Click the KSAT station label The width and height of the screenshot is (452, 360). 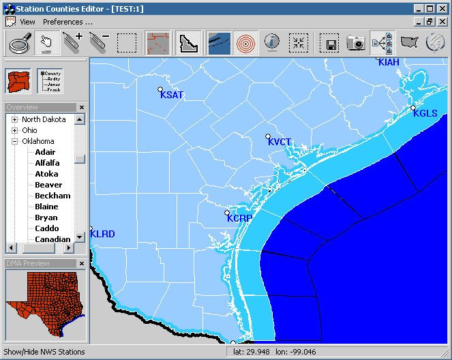pos(172,95)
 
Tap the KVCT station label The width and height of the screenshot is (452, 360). pos(280,142)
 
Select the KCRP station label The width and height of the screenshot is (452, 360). pos(239,219)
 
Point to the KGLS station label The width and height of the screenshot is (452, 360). pos(425,114)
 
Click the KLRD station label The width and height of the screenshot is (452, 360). pos(103,235)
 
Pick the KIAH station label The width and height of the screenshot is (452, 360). pos(389,63)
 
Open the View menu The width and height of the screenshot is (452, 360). pos(27,22)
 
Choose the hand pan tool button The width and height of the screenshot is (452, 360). pos(46,43)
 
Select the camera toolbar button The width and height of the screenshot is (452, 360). pos(356,43)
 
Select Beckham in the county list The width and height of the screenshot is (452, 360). pos(52,196)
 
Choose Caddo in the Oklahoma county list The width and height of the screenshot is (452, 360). pos(47,228)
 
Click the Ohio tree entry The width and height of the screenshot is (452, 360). pos(29,130)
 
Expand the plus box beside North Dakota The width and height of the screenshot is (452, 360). pos(14,119)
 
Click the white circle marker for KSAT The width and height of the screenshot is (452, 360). pos(160,89)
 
